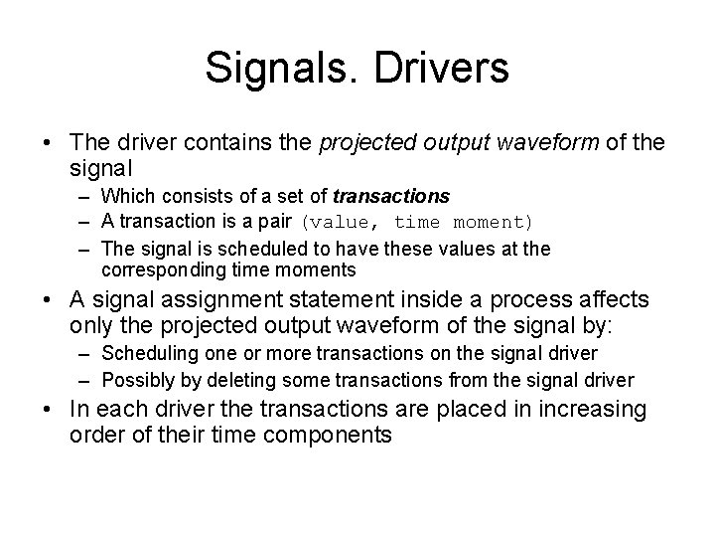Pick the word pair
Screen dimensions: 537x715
point(272,222)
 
